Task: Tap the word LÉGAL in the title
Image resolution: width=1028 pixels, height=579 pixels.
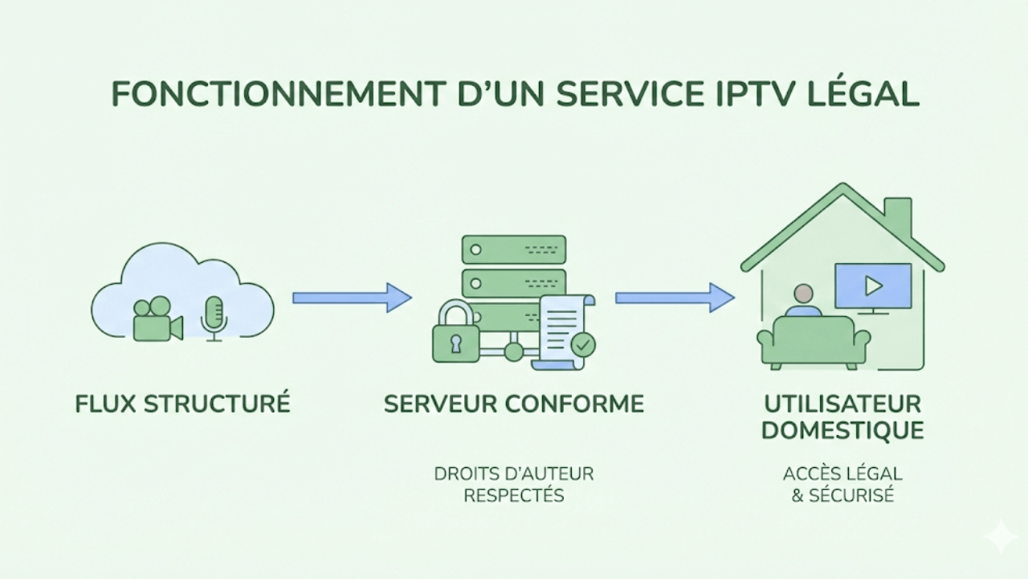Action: (x=871, y=94)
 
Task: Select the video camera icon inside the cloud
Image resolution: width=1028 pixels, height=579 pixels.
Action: (x=156, y=319)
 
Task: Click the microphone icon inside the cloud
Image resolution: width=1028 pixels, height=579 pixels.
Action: (x=214, y=315)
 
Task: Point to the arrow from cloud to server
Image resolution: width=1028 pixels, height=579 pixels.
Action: (x=352, y=298)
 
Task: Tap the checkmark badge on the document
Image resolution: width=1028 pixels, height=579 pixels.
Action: (x=582, y=345)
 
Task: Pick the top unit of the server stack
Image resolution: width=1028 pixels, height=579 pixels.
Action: (x=513, y=249)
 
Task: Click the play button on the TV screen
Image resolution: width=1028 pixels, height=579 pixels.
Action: (x=873, y=285)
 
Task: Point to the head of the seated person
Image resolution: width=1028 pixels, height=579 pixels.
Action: (x=802, y=294)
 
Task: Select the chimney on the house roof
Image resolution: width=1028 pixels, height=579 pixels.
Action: (x=897, y=216)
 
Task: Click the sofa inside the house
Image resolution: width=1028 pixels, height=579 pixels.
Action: (x=814, y=342)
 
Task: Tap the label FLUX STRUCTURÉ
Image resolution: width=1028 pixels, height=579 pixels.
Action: (x=182, y=404)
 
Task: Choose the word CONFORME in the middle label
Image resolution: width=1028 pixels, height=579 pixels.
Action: (x=578, y=404)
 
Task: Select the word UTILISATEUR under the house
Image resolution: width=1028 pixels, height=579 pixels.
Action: (x=842, y=403)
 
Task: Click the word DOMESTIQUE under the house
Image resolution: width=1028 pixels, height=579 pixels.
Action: (x=842, y=430)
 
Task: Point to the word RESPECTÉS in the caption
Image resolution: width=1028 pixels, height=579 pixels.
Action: (x=514, y=495)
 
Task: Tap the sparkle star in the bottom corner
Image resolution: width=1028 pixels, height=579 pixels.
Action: (x=1001, y=536)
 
